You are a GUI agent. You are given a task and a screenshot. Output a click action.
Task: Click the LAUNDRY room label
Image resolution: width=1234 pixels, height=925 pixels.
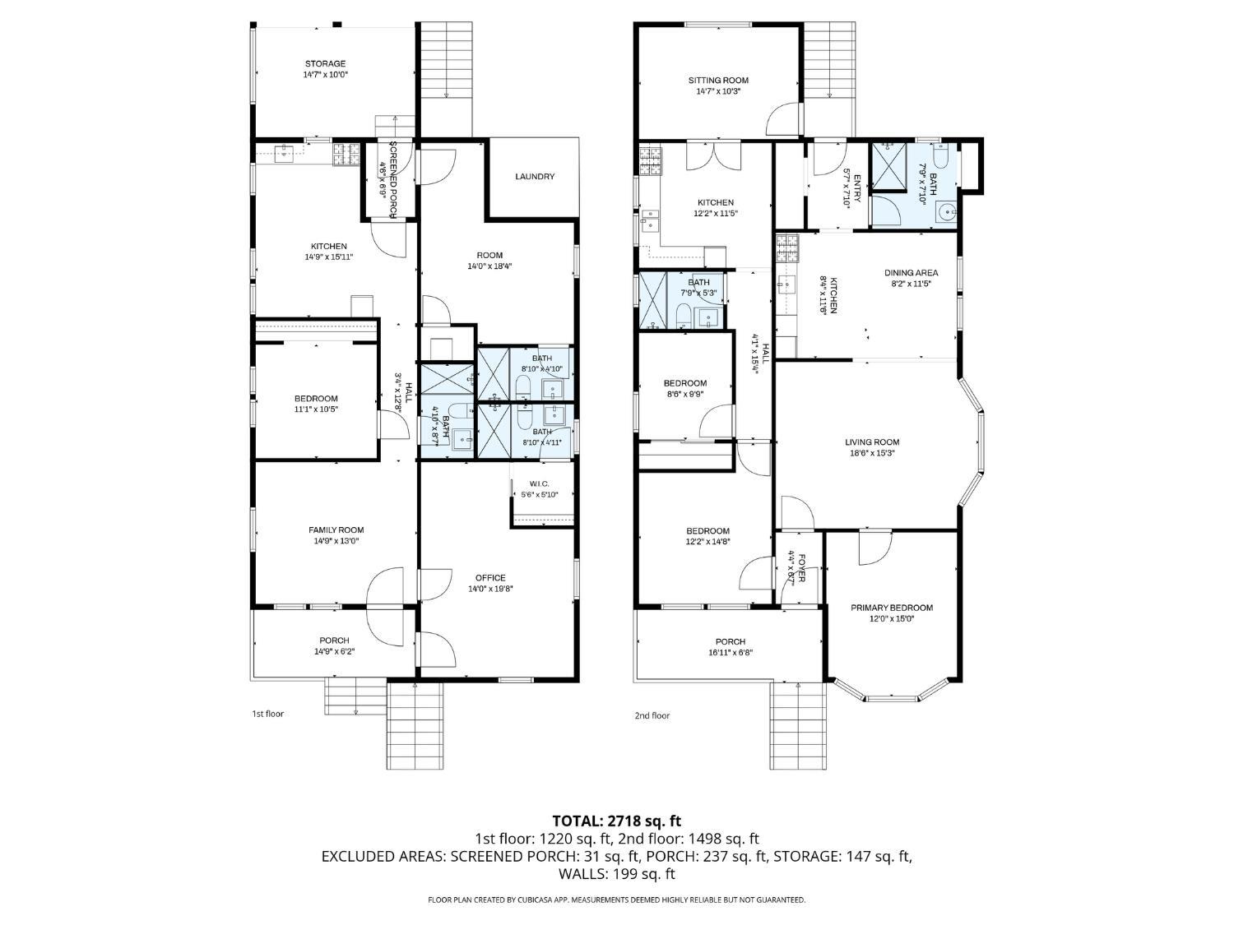pos(535,177)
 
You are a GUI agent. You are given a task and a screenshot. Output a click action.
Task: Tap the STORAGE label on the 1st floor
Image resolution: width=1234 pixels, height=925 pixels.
pos(325,63)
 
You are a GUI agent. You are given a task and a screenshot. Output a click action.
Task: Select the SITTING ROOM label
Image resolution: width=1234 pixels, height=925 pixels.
pos(718,81)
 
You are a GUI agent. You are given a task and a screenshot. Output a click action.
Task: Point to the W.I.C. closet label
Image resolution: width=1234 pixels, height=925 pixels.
pos(539,483)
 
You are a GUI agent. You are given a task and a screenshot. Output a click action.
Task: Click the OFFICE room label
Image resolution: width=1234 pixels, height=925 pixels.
pos(490,577)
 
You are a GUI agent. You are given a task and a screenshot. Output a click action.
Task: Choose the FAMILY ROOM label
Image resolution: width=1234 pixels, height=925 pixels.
pos(336,530)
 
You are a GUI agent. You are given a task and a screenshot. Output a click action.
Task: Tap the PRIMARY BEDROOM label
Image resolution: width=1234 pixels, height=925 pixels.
pos(892,608)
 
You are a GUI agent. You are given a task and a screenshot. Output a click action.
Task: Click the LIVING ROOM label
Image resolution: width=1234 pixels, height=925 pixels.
pos(872,442)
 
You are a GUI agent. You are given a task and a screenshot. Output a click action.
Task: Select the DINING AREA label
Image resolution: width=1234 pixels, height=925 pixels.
pos(911,273)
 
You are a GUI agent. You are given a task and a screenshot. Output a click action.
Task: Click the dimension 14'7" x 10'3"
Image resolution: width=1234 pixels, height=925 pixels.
pos(718,91)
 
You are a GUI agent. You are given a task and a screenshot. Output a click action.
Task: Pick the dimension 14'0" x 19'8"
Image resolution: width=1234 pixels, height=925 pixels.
pos(490,589)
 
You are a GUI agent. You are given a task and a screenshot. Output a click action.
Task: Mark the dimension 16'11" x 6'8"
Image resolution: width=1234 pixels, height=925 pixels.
pos(730,653)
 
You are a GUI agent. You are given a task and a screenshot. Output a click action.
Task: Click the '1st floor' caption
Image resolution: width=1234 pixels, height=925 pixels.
pos(267,714)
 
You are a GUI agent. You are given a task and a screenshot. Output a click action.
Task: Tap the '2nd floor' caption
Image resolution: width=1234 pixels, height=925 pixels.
pos(652,715)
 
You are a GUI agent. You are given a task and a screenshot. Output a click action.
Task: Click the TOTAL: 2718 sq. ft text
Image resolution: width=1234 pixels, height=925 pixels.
pos(616,821)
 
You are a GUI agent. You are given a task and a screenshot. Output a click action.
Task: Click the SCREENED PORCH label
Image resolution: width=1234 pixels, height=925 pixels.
pos(393,180)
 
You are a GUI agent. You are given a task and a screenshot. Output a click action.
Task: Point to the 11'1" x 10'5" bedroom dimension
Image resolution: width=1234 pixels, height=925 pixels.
pos(316,409)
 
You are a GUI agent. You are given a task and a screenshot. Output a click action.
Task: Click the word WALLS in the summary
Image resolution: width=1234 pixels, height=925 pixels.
pos(582,874)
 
